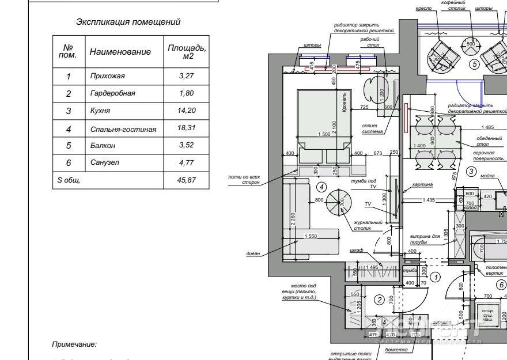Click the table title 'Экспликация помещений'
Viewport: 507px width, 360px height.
[128, 22]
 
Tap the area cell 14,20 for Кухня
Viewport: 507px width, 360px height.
[186, 111]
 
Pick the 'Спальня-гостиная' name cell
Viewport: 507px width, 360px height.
[123, 130]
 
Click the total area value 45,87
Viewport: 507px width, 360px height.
[187, 180]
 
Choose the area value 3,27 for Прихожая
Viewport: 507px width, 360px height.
[186, 75]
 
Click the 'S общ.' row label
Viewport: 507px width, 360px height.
[69, 180]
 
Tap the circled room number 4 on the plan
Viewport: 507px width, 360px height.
[322, 187]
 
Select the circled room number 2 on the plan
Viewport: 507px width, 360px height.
[379, 299]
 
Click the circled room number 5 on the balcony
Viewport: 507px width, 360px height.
[474, 65]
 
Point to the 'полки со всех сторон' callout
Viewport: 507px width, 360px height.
[244, 180]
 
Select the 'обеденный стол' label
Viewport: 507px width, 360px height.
[490, 141]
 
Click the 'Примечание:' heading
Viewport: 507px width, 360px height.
[74, 344]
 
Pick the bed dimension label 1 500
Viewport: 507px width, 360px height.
[324, 134]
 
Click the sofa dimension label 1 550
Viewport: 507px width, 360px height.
[311, 236]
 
